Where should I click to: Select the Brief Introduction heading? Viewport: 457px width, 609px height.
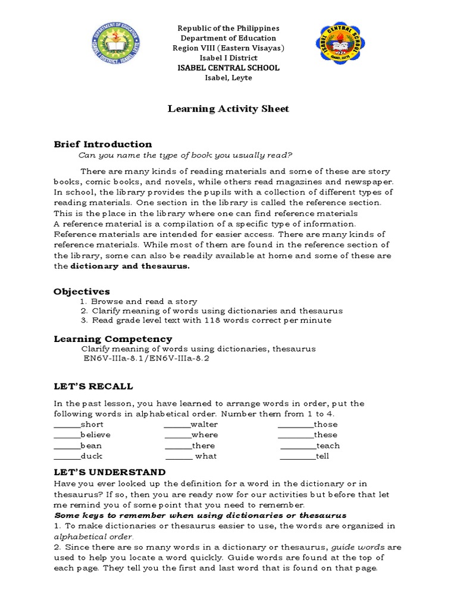(x=102, y=144)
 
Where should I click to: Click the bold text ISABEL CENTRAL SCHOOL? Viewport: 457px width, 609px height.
(x=228, y=68)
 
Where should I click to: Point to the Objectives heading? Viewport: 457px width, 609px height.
(x=82, y=291)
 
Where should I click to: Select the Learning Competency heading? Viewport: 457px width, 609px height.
(x=112, y=339)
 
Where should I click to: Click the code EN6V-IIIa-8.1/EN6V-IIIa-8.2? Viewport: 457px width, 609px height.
(x=146, y=359)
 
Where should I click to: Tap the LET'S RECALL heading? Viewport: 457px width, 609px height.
(x=93, y=387)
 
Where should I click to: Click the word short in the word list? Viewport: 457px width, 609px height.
(x=92, y=425)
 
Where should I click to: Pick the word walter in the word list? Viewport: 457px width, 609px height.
(x=204, y=425)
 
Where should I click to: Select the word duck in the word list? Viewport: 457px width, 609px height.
(x=91, y=456)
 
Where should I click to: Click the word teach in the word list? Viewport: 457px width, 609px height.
(x=328, y=445)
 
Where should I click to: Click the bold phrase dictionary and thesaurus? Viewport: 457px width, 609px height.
(x=130, y=266)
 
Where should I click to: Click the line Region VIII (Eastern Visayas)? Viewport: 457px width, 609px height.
(x=228, y=48)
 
